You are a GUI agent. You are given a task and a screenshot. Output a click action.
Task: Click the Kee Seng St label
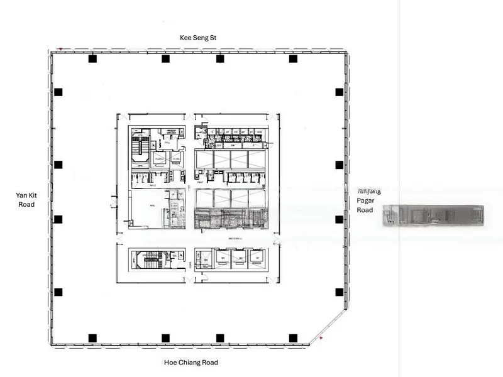coord(198,38)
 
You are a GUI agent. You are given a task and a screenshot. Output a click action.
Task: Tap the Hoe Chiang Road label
coord(191,363)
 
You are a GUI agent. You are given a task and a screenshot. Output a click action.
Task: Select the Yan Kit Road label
coord(25,200)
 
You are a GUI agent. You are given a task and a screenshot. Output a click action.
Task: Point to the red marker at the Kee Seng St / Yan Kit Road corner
coord(60,48)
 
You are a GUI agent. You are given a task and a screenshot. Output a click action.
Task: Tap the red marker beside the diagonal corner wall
coord(321,339)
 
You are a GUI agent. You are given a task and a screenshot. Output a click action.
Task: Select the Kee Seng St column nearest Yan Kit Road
coord(92,59)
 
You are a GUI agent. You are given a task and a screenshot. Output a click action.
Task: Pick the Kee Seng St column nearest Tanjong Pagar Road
coord(293,59)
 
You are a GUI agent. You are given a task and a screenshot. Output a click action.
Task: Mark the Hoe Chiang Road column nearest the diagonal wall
coord(293,338)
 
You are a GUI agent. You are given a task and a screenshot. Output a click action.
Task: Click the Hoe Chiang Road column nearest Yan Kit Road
coord(92,338)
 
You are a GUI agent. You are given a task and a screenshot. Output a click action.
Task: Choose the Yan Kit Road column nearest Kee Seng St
coord(58,92)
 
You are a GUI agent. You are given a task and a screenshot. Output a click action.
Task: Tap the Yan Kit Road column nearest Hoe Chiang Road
coord(58,292)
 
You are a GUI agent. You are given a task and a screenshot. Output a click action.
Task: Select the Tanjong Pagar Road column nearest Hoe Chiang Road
coord(339,292)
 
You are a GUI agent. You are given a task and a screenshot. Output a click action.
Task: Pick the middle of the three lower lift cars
coord(239,258)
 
